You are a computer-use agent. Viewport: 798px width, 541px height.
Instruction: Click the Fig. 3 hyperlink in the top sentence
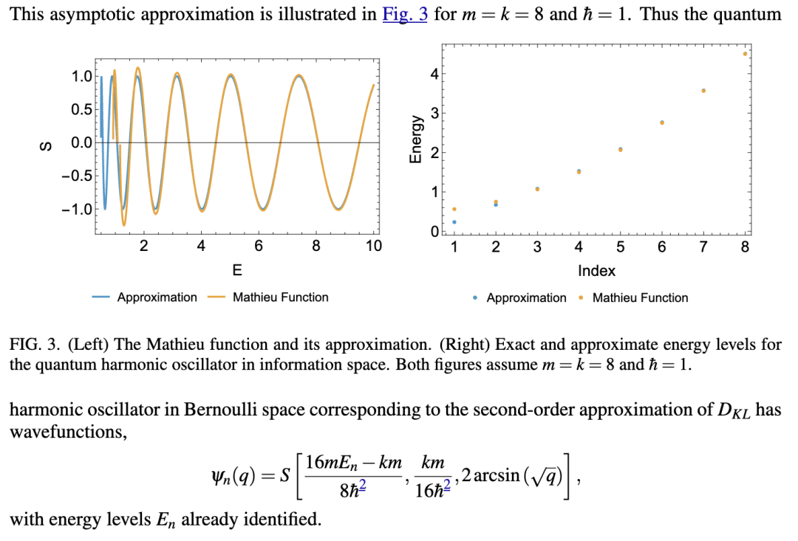405,14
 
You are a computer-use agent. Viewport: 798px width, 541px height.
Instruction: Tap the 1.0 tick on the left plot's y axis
81,76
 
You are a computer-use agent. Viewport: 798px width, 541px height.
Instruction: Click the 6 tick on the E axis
258,247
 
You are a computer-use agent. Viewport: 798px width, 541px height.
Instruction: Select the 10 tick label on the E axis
374,247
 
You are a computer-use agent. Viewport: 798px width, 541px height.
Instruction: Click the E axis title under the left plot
236,270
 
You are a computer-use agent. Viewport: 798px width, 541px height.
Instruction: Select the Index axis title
596,271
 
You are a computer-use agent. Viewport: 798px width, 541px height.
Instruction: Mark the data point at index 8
745,54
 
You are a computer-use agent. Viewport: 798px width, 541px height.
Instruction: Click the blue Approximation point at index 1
454,221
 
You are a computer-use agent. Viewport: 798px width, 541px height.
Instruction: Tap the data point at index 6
661,123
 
